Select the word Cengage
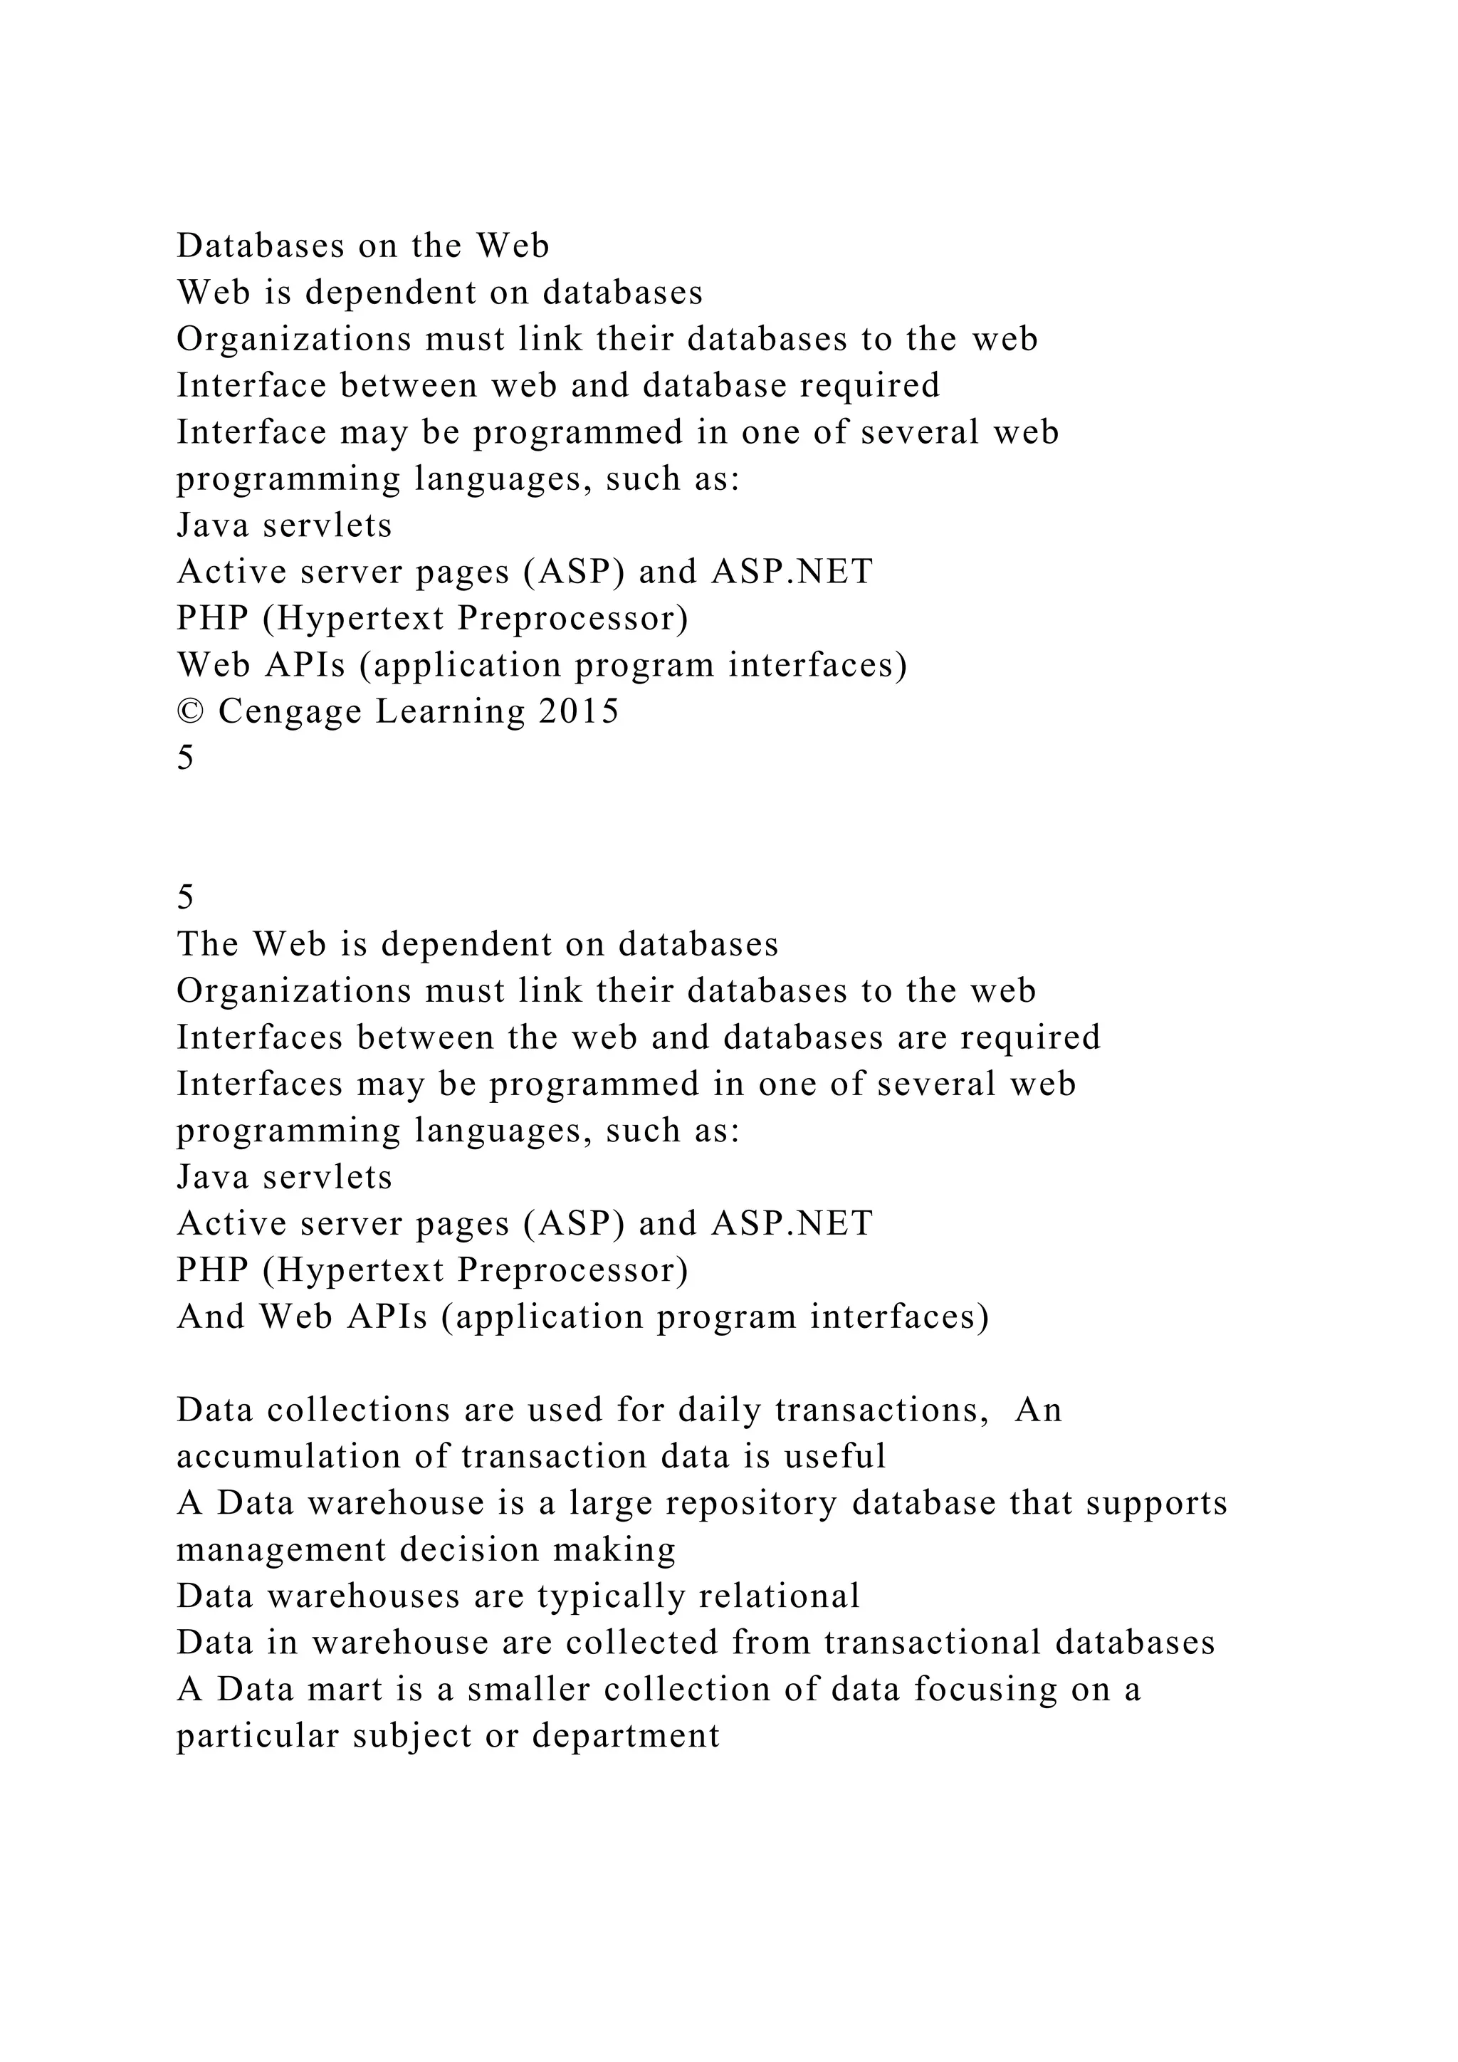[289, 712]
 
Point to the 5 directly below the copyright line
[185, 758]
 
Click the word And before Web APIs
[210, 1317]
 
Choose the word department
[626, 1736]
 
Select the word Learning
[450, 712]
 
